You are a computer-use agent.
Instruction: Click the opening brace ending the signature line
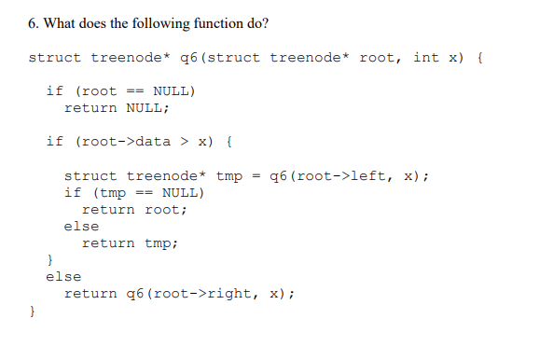[479, 58]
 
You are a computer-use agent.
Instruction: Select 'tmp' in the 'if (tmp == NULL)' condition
[113, 192]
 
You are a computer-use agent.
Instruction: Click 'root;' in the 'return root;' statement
[166, 209]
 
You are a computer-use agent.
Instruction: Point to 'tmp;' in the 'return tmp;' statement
[161, 242]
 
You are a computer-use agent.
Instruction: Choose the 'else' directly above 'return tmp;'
[81, 226]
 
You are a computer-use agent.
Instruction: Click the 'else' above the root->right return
[63, 276]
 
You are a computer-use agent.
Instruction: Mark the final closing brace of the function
[32, 312]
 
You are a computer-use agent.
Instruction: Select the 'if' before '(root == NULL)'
[54, 91]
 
